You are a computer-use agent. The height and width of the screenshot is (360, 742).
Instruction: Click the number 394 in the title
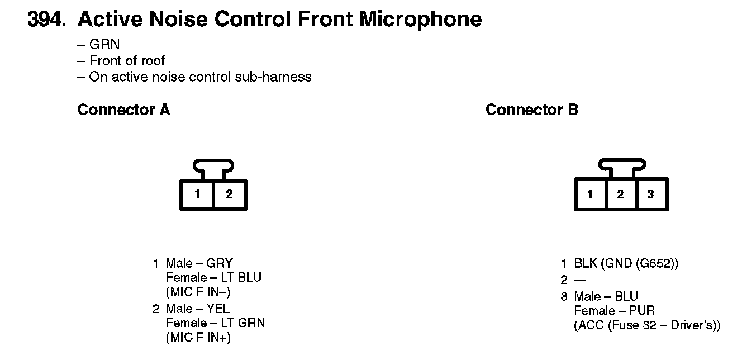(x=44, y=20)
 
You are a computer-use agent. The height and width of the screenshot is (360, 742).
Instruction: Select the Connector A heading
(x=123, y=110)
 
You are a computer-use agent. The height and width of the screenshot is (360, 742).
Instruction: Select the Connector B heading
(x=532, y=110)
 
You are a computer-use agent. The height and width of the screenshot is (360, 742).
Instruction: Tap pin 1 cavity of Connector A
(x=197, y=195)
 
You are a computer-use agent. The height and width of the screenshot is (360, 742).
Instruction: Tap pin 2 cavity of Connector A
(x=229, y=195)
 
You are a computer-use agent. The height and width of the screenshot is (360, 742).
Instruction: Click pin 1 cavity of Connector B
(x=590, y=195)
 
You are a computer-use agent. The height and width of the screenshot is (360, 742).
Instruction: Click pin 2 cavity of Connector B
(x=620, y=195)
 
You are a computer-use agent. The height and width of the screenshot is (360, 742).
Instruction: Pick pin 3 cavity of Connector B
(x=650, y=195)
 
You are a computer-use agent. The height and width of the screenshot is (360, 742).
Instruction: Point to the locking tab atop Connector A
(x=213, y=167)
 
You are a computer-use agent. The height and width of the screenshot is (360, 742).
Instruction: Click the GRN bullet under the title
(x=104, y=45)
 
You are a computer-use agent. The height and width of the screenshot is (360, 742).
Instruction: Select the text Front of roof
(x=127, y=60)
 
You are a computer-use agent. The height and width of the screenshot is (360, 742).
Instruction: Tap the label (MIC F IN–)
(x=198, y=292)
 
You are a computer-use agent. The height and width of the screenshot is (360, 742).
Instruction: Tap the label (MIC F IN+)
(x=198, y=338)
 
